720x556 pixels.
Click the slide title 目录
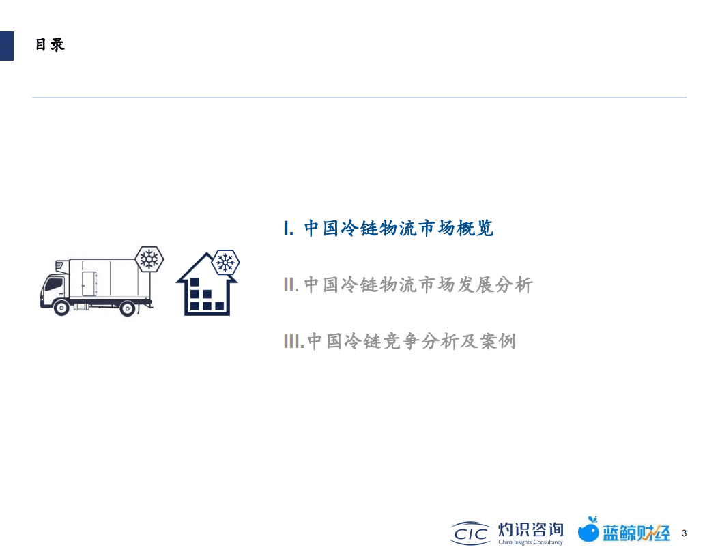50,45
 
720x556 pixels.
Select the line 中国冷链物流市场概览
399,229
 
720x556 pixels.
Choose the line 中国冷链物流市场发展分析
418,284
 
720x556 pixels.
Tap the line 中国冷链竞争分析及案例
412,340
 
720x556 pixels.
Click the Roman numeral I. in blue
289,229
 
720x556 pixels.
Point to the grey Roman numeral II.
291,284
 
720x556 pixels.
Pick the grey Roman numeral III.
293,340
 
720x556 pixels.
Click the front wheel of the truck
61,307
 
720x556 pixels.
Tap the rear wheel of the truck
126,308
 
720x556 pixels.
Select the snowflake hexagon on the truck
149,259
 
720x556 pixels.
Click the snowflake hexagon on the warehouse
225,262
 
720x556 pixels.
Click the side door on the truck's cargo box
89,283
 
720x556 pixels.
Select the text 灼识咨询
531,529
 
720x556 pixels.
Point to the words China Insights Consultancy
530,542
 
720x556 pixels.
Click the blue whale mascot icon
588,530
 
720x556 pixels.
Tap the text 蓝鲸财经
636,533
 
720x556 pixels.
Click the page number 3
684,533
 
